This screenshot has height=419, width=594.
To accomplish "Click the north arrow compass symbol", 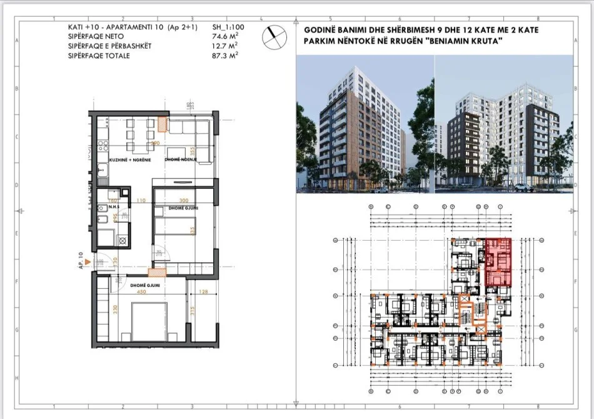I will click(x=273, y=38).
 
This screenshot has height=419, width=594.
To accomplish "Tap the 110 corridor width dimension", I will click(x=141, y=201).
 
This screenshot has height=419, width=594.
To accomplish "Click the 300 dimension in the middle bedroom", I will click(x=183, y=201).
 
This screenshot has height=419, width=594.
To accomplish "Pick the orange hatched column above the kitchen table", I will click(x=163, y=124).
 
